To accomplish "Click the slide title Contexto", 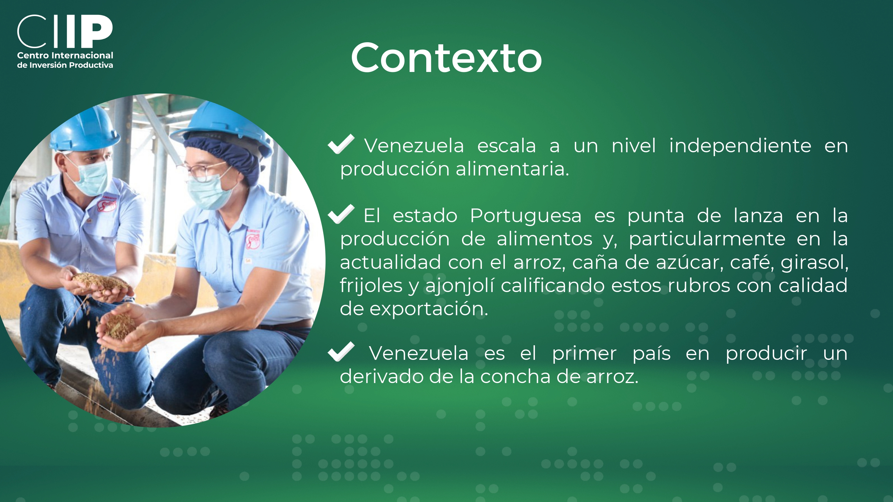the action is point(446,58).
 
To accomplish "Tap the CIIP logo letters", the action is point(65,31).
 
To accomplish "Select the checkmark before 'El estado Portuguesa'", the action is point(341,214).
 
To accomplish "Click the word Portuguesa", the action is point(526,216).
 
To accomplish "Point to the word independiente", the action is point(740,146).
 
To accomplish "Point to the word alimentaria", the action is point(512,169).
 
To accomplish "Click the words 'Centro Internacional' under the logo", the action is point(65,55).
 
